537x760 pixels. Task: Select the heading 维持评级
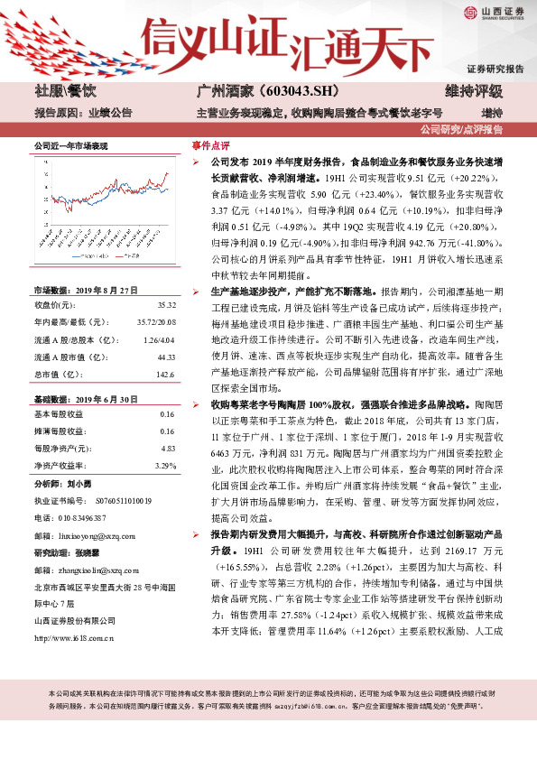point(478,91)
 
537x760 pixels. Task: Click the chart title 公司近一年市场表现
point(70,146)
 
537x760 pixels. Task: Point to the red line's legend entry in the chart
point(138,255)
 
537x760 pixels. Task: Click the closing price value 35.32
point(167,306)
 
